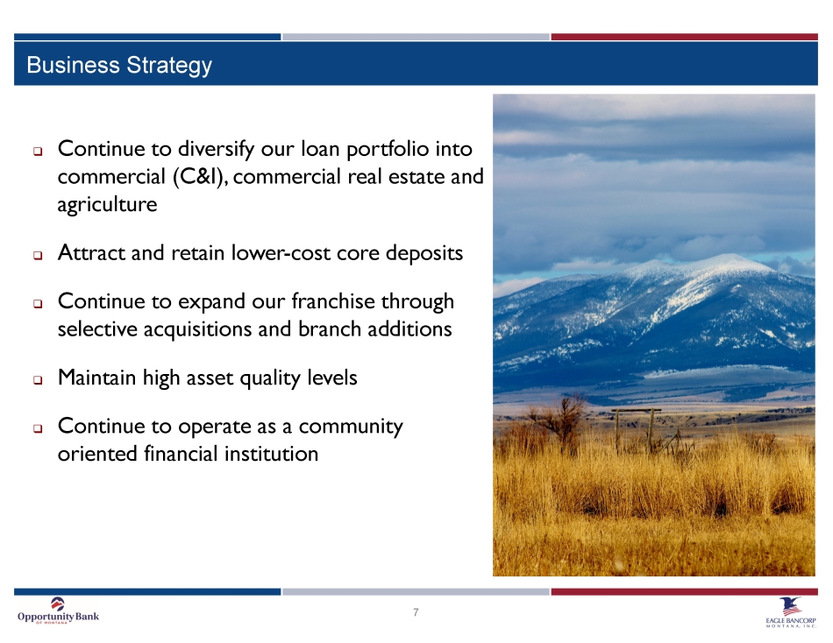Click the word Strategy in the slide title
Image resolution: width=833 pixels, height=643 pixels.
click(x=169, y=66)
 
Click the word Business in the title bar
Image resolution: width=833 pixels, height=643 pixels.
click(x=74, y=65)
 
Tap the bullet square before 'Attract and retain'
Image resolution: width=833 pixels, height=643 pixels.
click(x=38, y=256)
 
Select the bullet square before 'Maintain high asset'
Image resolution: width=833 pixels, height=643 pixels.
click(x=38, y=380)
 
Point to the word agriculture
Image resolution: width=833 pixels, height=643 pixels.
click(x=107, y=205)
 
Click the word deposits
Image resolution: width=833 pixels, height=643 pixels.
click(x=424, y=253)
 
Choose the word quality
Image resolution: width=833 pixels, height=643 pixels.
click(x=270, y=378)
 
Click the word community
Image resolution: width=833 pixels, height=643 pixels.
click(x=351, y=427)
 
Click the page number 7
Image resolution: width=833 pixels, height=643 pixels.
click(x=416, y=612)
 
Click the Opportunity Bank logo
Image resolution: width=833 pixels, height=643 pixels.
click(x=58, y=611)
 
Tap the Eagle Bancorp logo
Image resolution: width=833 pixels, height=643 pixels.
click(x=791, y=612)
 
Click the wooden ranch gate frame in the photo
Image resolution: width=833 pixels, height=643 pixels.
click(x=635, y=429)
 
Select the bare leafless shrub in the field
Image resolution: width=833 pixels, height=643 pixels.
click(x=558, y=422)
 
